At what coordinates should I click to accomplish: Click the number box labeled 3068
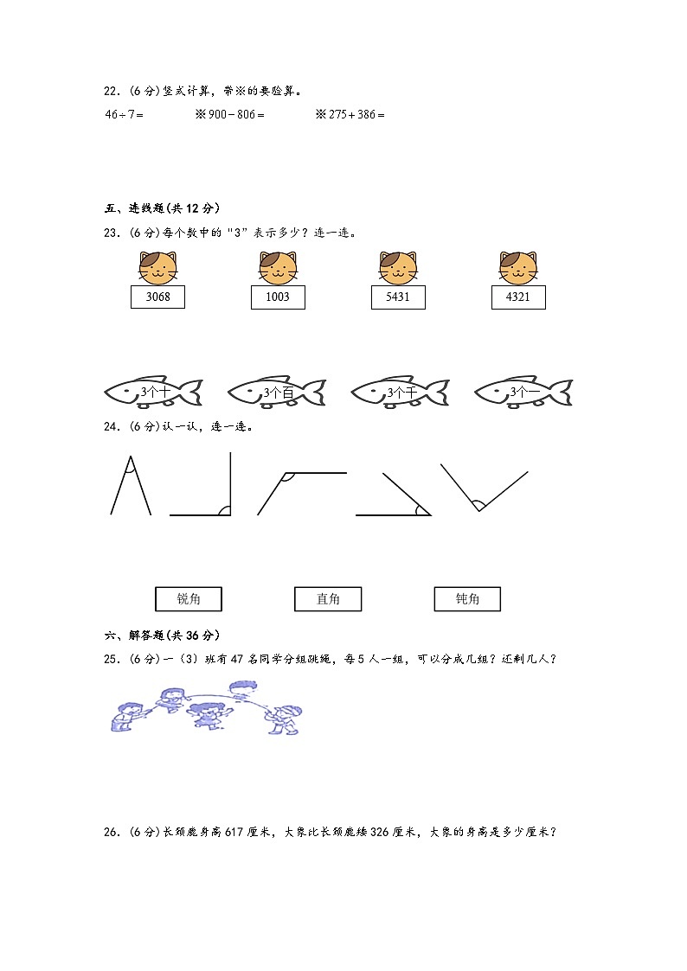click(x=157, y=297)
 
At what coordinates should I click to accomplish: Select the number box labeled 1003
click(x=278, y=297)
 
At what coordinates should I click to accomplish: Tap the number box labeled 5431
click(x=398, y=297)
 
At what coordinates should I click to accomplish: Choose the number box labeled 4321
click(x=518, y=297)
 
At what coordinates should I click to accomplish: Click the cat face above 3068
click(x=157, y=267)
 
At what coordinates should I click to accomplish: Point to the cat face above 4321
click(x=518, y=267)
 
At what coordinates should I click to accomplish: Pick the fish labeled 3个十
click(x=153, y=392)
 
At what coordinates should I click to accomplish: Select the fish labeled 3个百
click(x=277, y=392)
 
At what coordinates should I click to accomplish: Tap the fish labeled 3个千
click(x=400, y=392)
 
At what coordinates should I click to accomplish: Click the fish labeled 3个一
click(x=523, y=392)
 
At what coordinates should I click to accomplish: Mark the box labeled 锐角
click(x=188, y=598)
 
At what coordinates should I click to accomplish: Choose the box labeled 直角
click(x=328, y=598)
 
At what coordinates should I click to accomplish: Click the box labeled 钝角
click(x=467, y=598)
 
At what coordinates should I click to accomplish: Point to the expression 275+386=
click(x=356, y=114)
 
